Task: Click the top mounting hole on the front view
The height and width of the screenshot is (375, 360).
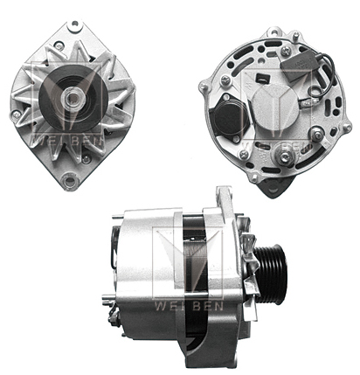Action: pyautogui.click(x=75, y=24)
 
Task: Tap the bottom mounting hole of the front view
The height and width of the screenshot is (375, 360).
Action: pyautogui.click(x=70, y=181)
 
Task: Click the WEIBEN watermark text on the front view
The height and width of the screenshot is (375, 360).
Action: pyautogui.click(x=67, y=141)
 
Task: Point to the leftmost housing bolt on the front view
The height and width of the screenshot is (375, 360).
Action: pyautogui.click(x=16, y=115)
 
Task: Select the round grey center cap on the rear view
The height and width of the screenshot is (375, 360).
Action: pyautogui.click(x=275, y=106)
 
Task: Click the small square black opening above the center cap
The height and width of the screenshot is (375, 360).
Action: pyautogui.click(x=260, y=79)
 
